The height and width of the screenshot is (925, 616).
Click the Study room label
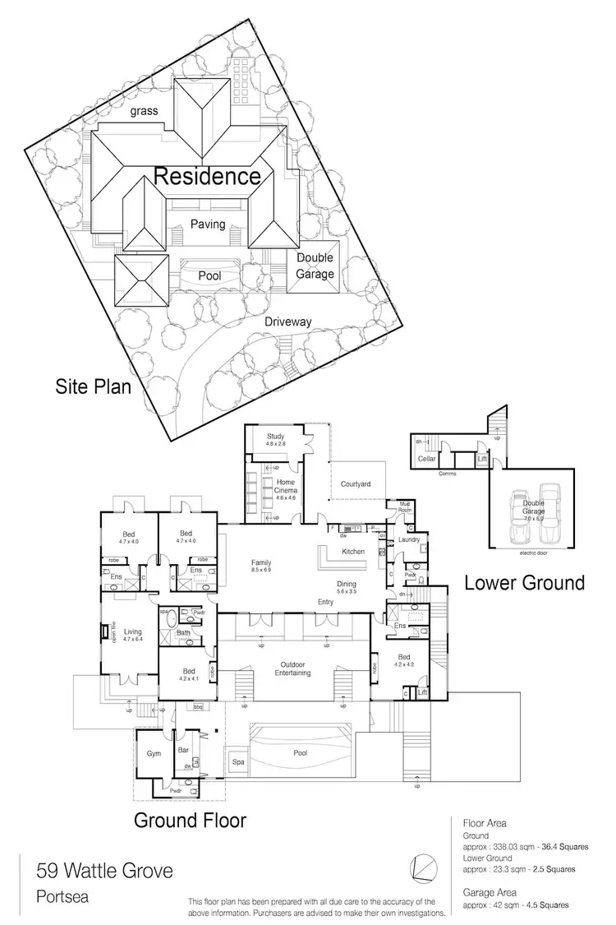pyautogui.click(x=274, y=436)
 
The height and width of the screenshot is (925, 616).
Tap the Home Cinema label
pyautogui.click(x=285, y=483)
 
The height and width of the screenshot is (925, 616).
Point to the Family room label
pyautogui.click(x=261, y=563)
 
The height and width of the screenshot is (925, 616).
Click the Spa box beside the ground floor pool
pyautogui.click(x=237, y=762)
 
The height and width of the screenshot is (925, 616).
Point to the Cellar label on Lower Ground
pyautogui.click(x=426, y=459)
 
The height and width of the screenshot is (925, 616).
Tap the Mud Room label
pyautogui.click(x=404, y=506)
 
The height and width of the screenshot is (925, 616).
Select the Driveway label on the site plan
pyautogui.click(x=287, y=322)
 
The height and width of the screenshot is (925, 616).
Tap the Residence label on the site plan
pyautogui.click(x=208, y=176)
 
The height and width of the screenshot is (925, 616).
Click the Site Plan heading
pyautogui.click(x=93, y=386)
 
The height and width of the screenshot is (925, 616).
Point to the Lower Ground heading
pyautogui.click(x=524, y=583)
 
